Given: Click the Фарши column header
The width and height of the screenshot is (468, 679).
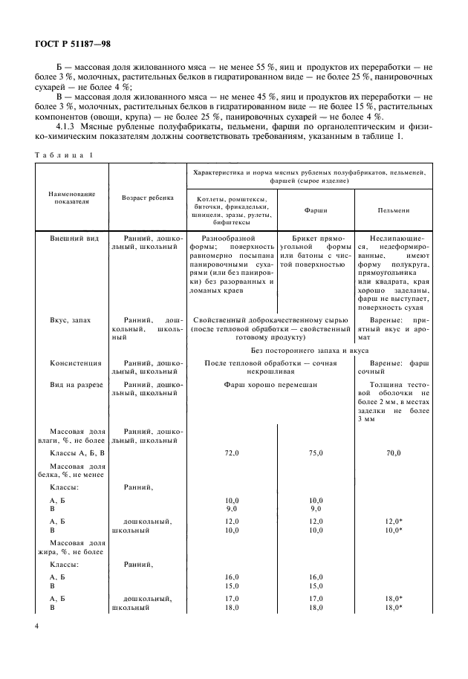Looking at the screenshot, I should pyautogui.click(x=315, y=210).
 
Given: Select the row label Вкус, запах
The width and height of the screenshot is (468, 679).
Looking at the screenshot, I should pyautogui.click(x=71, y=319).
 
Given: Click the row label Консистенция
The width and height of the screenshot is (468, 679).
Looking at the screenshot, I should pyautogui.click(x=75, y=363).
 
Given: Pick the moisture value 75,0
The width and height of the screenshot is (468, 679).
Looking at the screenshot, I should pyautogui.click(x=315, y=452).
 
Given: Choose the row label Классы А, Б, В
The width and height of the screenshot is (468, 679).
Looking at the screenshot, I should pyautogui.click(x=77, y=452).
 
